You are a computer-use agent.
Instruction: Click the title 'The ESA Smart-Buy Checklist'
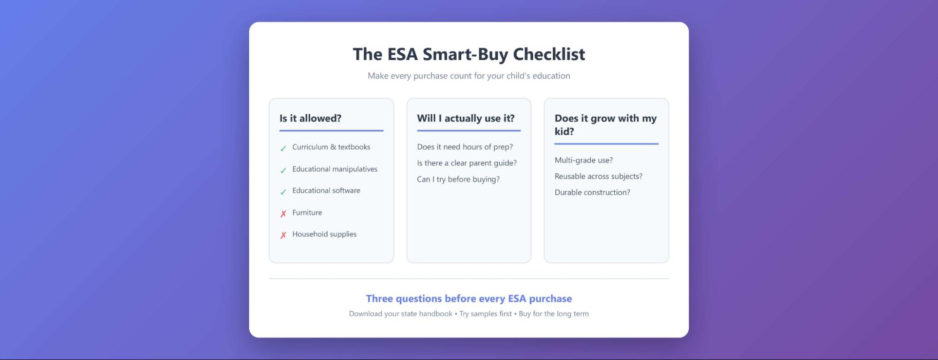[469, 54]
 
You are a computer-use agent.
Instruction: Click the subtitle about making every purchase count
[469, 76]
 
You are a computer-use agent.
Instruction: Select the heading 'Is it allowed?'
[310, 118]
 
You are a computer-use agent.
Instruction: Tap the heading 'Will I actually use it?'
[465, 118]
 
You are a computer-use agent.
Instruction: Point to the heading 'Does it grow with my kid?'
[605, 125]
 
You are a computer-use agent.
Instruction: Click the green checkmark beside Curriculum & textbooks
[283, 149]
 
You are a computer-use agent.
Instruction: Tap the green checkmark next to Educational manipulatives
[283, 170]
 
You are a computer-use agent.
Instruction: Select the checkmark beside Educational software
[283, 192]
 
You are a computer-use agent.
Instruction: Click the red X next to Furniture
[283, 214]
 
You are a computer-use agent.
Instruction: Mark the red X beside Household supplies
[283, 236]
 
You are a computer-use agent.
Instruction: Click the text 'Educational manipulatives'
[335, 169]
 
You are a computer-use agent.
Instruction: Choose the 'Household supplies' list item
[324, 234]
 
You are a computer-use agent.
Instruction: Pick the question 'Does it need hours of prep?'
[465, 147]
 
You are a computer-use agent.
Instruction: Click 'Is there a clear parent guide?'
[466, 163]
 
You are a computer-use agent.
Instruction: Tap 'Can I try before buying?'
[458, 179]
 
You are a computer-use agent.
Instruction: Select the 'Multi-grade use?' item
[583, 160]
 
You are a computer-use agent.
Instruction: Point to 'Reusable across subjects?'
[598, 176]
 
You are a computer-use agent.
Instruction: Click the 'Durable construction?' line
[592, 192]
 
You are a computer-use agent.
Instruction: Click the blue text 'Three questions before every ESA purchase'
[469, 299]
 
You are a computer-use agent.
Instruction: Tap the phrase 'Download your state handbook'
[400, 314]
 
